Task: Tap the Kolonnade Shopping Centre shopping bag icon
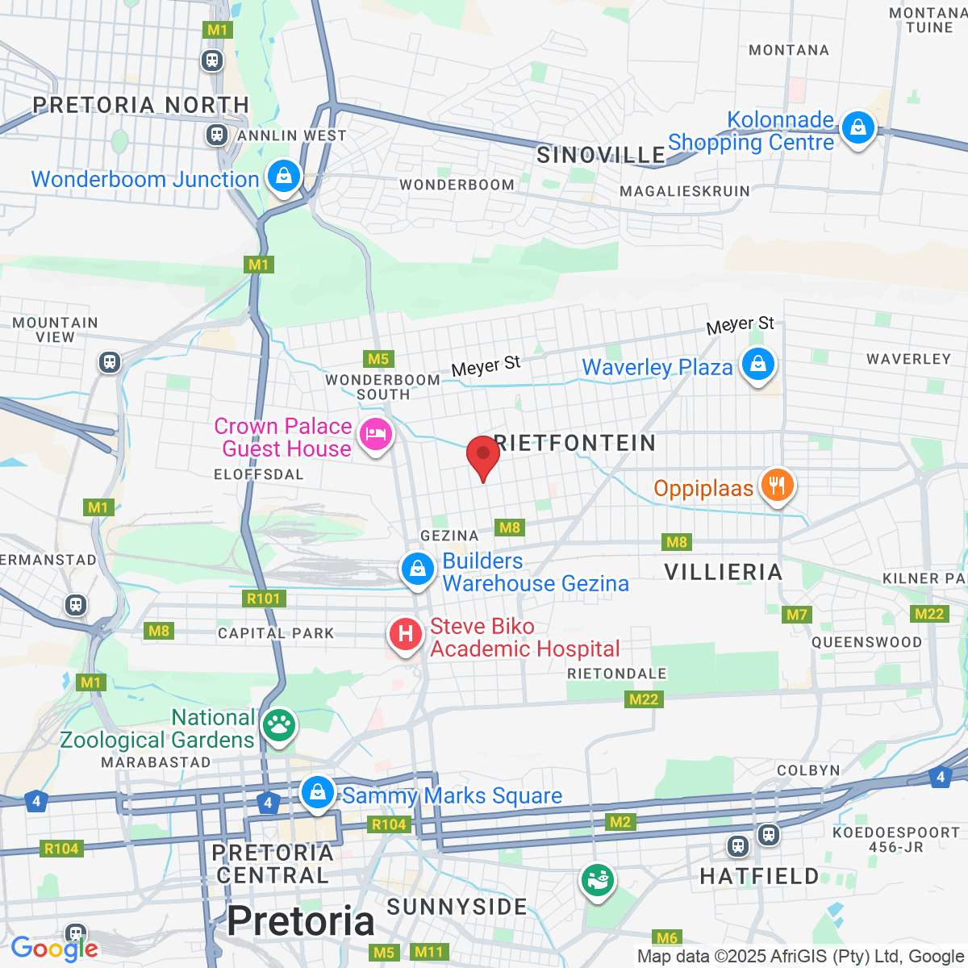pos(857,127)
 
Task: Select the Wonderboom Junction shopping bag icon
pos(283,176)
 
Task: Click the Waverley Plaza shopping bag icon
pos(757,364)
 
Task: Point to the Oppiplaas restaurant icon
pos(777,486)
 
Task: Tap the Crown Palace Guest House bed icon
pos(375,435)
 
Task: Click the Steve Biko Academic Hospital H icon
pos(406,635)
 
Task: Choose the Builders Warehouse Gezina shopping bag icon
pos(418,570)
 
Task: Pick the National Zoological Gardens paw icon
pos(279,726)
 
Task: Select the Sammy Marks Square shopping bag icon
pos(318,792)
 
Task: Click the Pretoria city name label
pos(301,921)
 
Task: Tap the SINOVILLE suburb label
pos(601,155)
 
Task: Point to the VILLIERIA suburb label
pos(724,572)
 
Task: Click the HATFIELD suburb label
pos(759,876)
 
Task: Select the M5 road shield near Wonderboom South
pos(378,359)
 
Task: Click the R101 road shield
pos(263,599)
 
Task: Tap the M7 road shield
pos(797,615)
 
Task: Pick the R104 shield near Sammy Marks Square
pos(388,824)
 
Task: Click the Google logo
pos(54,949)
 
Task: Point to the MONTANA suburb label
pos(788,50)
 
